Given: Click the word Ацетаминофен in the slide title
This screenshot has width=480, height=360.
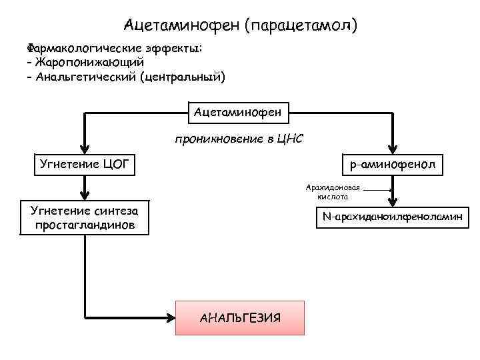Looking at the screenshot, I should (x=181, y=26).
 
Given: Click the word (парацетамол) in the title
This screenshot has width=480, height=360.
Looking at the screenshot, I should (x=301, y=26).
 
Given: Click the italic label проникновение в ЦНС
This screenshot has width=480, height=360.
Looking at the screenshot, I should (x=239, y=140).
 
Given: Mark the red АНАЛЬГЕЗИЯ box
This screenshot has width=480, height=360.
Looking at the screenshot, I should (x=240, y=317).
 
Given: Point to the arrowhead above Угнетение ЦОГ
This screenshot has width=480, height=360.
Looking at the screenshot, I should (x=85, y=148).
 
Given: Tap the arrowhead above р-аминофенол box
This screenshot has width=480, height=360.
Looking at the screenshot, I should (x=394, y=149).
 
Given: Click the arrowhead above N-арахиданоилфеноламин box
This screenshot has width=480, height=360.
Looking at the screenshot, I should (x=394, y=201).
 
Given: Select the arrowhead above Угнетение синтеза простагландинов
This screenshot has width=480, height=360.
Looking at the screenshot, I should (x=85, y=195).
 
